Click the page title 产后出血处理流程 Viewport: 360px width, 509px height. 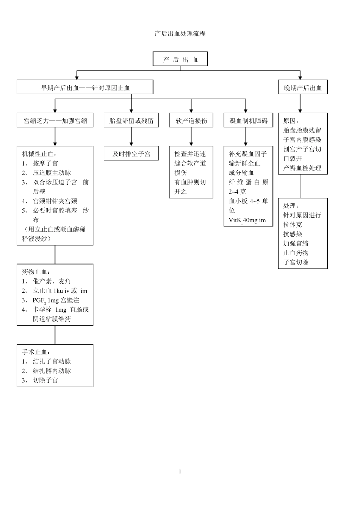click(180, 34)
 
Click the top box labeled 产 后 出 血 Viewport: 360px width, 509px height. click(180, 59)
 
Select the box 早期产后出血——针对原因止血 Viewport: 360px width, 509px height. click(85, 88)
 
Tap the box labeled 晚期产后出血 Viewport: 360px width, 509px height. click(303, 88)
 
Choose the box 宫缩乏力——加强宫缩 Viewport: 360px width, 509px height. click(55, 121)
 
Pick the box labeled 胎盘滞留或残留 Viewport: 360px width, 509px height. click(131, 121)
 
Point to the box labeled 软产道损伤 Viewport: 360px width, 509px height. click(191, 121)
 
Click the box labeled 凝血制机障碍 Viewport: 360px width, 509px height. click(248, 121)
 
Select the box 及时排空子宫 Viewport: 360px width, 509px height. click(131, 154)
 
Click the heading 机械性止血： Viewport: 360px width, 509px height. click(39, 154)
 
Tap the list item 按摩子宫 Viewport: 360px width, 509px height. click(45, 164)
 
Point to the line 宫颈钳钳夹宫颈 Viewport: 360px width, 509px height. click(55, 201)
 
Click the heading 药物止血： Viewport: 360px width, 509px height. click(36, 272)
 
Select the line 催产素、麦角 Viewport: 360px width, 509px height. click(52, 281)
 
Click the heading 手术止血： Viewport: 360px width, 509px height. click(36, 352)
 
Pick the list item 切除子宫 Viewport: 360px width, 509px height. click(45, 380)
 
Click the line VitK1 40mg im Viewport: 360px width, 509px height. click(247, 220)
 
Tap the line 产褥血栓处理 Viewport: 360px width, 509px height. click(302, 168)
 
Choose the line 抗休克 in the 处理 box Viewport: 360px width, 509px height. click(293, 225)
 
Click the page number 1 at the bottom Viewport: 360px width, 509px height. click(180, 472)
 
